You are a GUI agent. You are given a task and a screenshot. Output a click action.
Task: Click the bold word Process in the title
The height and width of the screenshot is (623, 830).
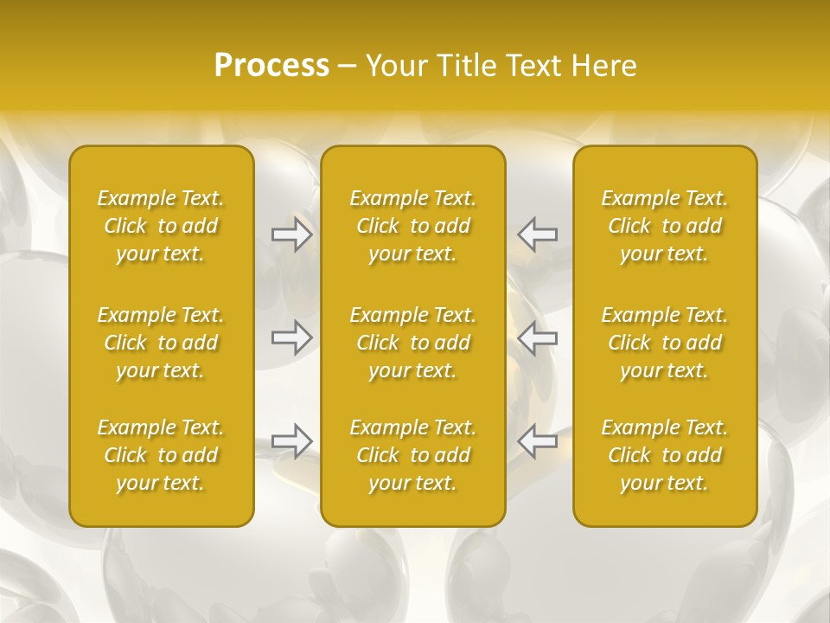point(271,66)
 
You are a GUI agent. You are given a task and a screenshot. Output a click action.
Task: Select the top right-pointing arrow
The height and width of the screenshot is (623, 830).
point(291,234)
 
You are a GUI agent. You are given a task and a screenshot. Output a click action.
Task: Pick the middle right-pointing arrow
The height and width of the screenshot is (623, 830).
point(291,337)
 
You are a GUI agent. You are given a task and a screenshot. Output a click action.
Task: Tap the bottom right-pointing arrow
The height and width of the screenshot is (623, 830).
point(291,441)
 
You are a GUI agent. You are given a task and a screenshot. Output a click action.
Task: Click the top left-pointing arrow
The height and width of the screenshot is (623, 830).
point(538,234)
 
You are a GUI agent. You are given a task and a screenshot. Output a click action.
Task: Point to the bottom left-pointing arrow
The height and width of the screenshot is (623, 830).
point(538,441)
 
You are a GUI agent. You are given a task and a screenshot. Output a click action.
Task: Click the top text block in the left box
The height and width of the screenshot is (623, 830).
point(161,226)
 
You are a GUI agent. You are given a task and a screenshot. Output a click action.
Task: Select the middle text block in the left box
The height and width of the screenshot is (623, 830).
point(161,343)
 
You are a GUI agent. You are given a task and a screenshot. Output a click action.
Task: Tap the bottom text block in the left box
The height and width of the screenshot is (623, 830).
point(161,455)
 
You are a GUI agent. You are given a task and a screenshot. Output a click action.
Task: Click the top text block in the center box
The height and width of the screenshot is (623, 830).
point(413,226)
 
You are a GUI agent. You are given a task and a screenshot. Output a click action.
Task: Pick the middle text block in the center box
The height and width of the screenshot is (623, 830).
point(413,343)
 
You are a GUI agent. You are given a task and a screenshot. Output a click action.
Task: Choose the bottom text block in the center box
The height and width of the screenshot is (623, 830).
point(413,455)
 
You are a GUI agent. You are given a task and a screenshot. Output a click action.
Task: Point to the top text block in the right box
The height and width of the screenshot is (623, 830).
point(665,226)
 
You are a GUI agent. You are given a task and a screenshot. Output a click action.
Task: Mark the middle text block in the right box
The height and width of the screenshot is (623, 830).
point(665,343)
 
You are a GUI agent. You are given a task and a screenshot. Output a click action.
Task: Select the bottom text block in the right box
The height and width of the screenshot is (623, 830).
point(665,455)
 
